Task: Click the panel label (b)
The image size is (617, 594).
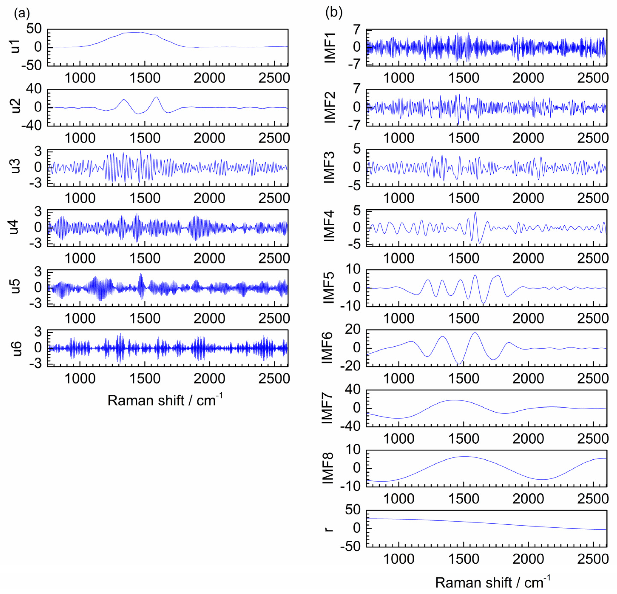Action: (x=334, y=13)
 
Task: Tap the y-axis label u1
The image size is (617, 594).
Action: (x=15, y=47)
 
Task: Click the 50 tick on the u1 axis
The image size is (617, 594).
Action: (x=34, y=29)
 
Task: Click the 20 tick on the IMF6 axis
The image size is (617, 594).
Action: (x=353, y=329)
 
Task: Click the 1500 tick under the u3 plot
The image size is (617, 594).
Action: (x=145, y=198)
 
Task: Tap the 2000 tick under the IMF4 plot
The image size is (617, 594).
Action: (x=528, y=258)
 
